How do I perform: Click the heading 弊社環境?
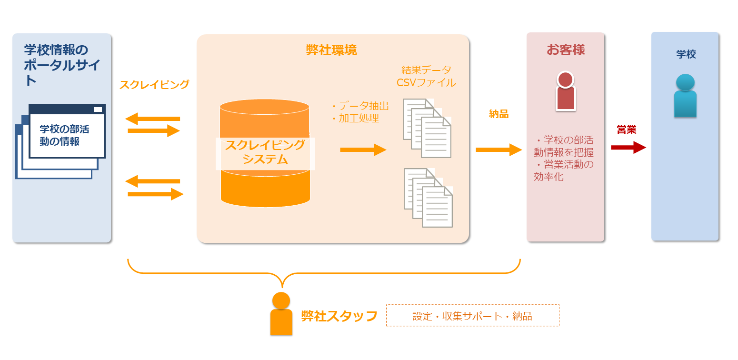[x=331, y=50]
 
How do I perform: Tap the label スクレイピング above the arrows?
[x=154, y=85]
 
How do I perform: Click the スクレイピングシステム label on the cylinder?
[x=265, y=152]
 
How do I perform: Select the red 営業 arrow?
[x=628, y=148]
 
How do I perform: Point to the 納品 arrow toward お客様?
[x=499, y=150]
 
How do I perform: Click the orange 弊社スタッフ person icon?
[x=281, y=314]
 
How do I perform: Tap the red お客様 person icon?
[x=565, y=91]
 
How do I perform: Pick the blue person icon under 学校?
[x=685, y=96]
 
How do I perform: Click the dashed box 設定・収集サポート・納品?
[x=472, y=316]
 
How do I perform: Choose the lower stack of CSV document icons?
[x=428, y=197]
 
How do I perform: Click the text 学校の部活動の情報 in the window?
[x=64, y=135]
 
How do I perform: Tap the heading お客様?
[x=565, y=50]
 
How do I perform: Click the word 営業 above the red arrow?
[x=626, y=129]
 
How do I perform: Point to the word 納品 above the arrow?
[x=499, y=114]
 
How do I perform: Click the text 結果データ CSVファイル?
[x=426, y=76]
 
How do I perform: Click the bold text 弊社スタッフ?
[x=339, y=316]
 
